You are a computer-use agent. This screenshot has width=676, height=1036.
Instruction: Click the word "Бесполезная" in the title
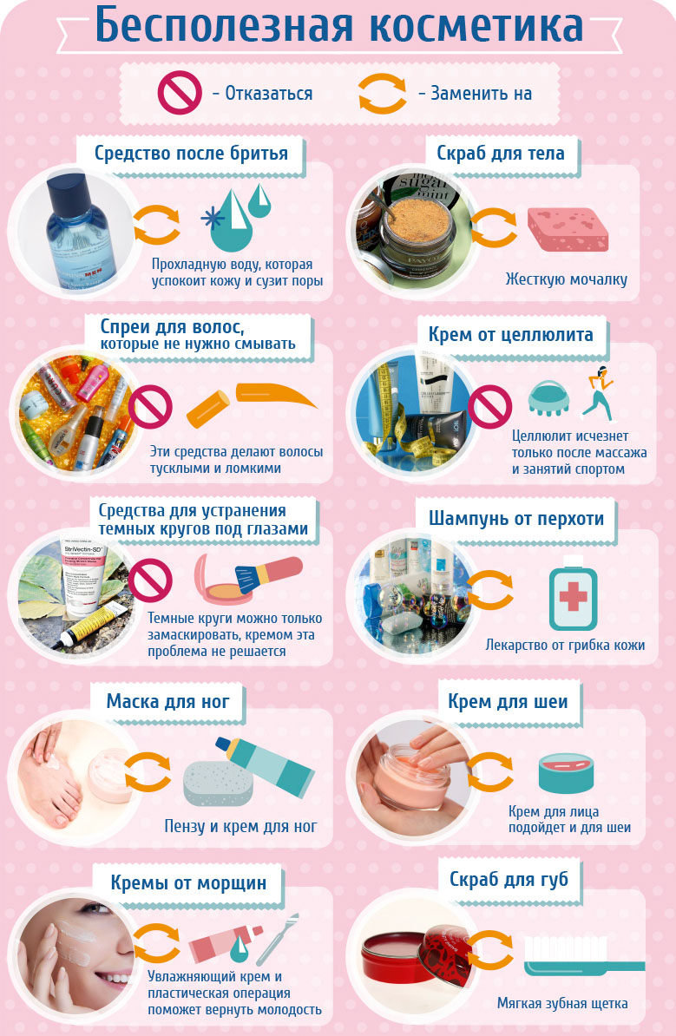click(224, 24)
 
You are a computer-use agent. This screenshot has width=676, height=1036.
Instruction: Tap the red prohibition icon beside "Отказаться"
click(180, 93)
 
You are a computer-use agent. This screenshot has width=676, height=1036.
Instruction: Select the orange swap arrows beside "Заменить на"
click(383, 93)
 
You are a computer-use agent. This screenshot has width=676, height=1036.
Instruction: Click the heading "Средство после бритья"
click(191, 154)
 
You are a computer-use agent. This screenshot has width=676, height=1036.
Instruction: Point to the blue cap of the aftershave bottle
click(67, 189)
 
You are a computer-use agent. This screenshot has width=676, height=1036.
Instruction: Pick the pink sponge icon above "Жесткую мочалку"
click(568, 230)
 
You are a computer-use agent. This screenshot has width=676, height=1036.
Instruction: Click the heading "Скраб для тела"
click(500, 154)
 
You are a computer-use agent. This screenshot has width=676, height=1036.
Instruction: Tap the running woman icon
click(599, 394)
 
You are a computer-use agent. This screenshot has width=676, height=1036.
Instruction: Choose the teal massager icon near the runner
click(549, 398)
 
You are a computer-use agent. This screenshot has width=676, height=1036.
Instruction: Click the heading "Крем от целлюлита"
click(511, 334)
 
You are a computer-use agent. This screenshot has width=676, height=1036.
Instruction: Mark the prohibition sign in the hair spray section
click(150, 406)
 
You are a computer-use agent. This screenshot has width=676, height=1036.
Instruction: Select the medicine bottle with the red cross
click(573, 593)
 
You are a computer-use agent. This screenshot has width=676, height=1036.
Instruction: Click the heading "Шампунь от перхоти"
click(516, 518)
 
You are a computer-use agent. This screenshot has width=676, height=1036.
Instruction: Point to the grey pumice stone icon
click(218, 784)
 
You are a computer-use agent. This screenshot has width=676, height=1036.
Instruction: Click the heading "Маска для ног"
click(167, 701)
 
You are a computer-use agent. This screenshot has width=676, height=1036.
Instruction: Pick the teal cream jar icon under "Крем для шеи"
click(566, 773)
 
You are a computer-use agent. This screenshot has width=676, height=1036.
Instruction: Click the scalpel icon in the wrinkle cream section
click(278, 939)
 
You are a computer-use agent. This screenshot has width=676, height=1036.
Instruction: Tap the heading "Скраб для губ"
click(509, 880)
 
